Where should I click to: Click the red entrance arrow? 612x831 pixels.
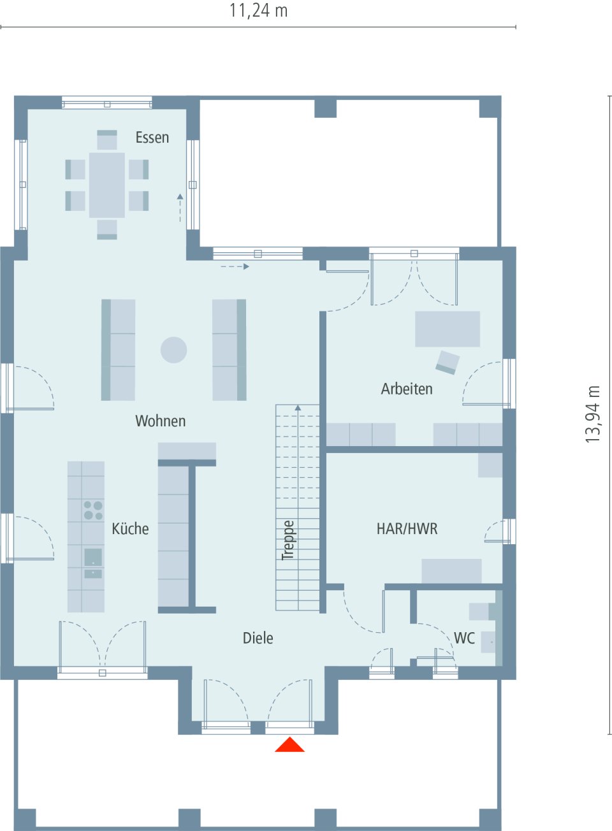pos(289,745)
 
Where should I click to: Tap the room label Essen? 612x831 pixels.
pos(152,138)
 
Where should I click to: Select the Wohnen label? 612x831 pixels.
pos(161,421)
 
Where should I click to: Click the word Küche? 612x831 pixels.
pos(130,529)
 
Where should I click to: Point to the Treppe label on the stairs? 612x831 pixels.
pos(288,540)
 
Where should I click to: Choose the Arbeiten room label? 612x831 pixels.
pos(407,389)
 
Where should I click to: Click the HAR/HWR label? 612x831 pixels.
pos(407,529)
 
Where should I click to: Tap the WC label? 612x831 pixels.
pos(464,639)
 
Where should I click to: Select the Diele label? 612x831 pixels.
pos(258,639)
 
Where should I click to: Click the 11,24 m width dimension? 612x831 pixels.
pos(258,11)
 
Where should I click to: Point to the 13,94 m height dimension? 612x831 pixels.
pos(594,414)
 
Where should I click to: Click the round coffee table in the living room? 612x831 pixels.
pos(173,350)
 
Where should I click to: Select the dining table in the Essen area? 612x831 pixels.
pos(107,185)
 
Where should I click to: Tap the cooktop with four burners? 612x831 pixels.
pos(93,510)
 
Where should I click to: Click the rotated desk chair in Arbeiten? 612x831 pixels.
pos(448,362)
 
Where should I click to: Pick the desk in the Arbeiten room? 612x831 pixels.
pos(448,329)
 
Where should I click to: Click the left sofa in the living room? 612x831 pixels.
pos(119,350)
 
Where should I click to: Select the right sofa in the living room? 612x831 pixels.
pos(229,350)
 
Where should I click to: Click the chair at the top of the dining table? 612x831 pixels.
pos(107,140)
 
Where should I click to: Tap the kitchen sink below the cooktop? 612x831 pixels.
pos(93,558)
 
